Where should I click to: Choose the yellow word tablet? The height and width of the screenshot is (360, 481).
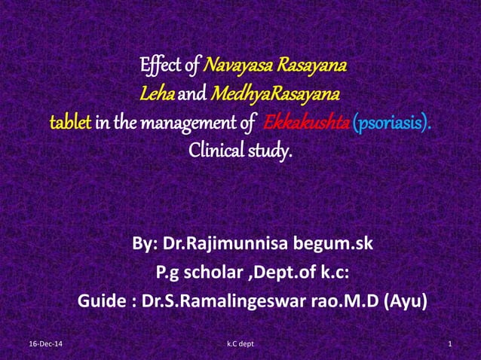point(70,123)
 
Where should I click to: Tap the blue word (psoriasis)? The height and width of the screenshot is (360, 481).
point(392,123)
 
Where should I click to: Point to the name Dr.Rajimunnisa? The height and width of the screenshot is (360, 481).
point(234,244)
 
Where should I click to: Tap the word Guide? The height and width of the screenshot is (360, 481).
point(102,301)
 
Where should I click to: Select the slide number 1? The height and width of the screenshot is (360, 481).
point(449,344)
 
